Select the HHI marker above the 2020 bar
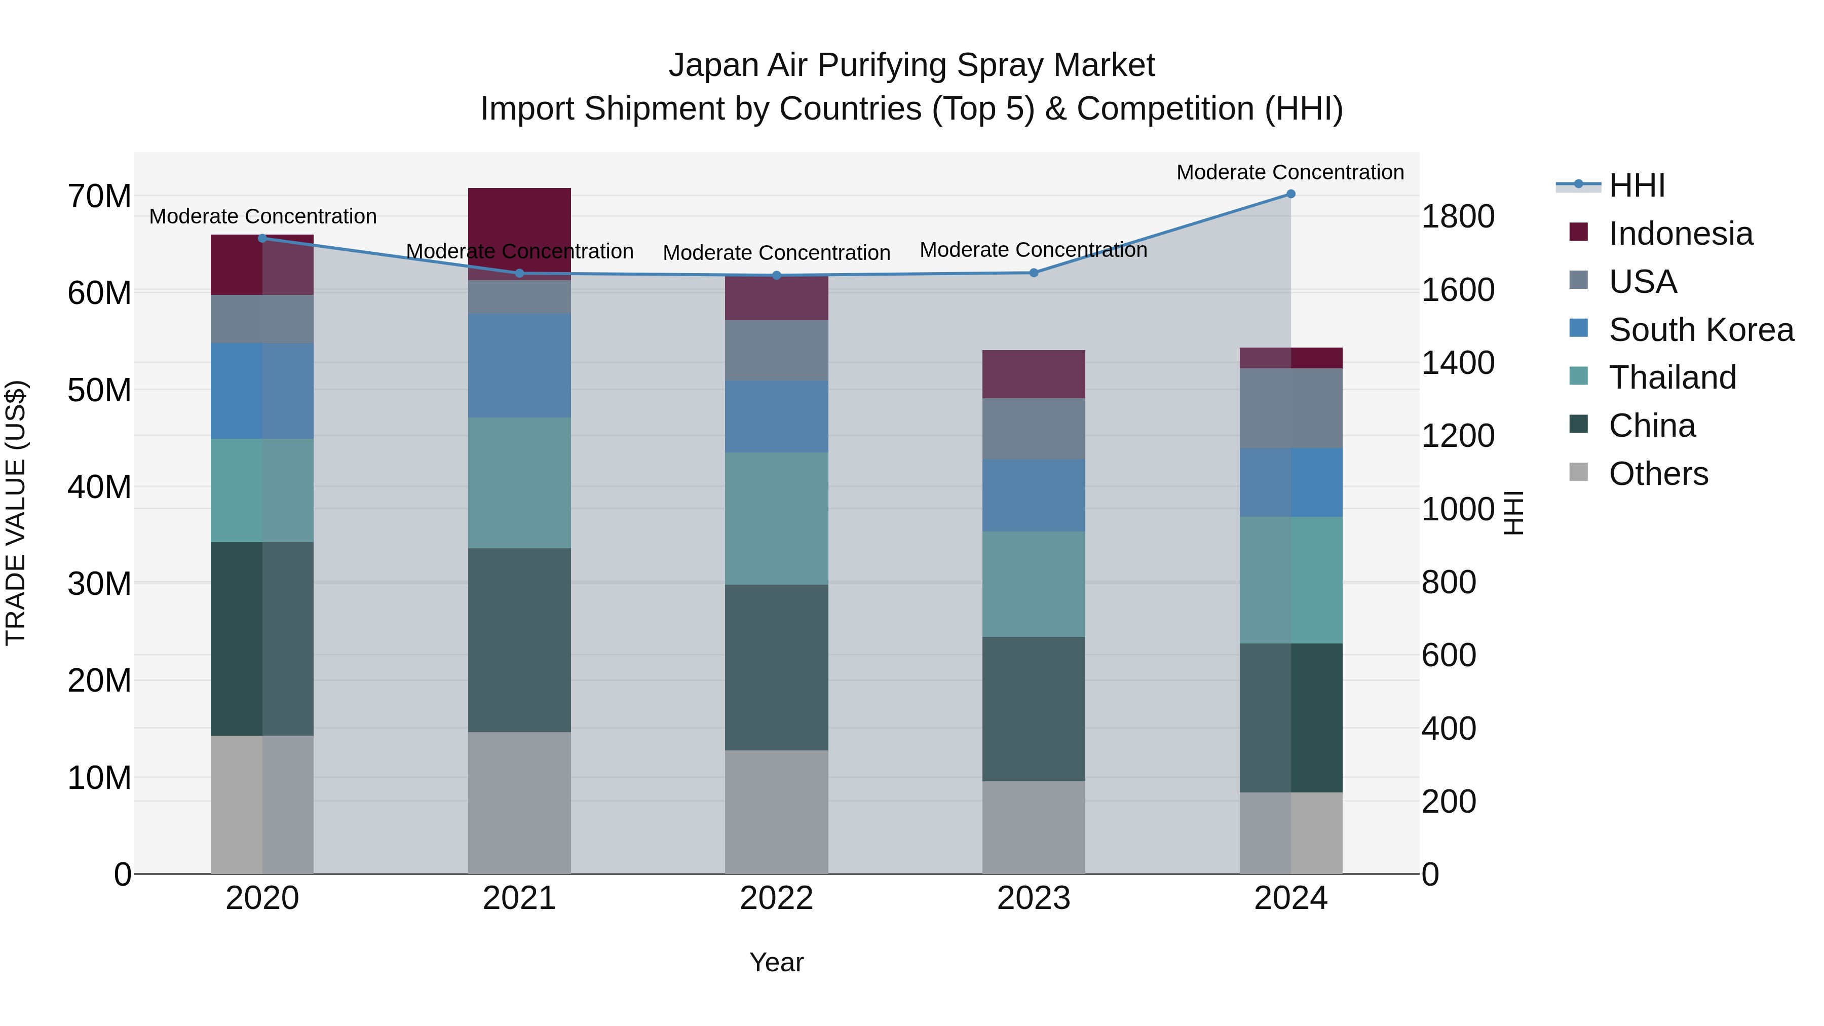[x=262, y=238]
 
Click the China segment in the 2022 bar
[x=776, y=667]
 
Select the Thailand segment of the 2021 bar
[x=519, y=482]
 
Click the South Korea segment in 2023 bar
[x=1033, y=495]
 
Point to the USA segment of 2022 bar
[x=776, y=351]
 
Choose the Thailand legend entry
[x=1672, y=377]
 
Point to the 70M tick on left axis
[x=99, y=196]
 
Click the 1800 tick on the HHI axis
[x=1458, y=217]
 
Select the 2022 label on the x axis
[x=776, y=898]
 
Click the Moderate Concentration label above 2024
[x=1289, y=172]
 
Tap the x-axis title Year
[x=776, y=962]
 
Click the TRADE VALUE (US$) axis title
[x=16, y=513]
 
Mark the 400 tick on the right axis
[x=1449, y=729]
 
